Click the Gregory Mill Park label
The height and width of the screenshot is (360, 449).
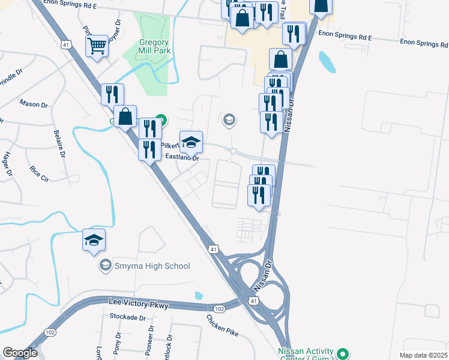click(147, 46)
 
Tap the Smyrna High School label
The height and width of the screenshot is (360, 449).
click(152, 266)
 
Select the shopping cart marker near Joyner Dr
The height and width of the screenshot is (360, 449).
click(97, 46)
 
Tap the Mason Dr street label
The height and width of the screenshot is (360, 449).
click(34, 104)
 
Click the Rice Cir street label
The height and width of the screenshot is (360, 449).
click(39, 169)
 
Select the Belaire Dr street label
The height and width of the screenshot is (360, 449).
click(58, 145)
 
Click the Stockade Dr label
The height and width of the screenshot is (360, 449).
click(128, 316)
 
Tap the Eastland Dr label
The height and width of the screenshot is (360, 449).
click(182, 158)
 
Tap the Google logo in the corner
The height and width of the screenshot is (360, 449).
click(19, 353)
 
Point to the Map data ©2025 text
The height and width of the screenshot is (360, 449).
click(423, 355)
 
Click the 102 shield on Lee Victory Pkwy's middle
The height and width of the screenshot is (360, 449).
click(220, 309)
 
